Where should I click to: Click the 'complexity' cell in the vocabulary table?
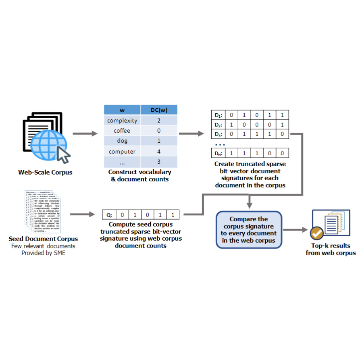click(122, 120)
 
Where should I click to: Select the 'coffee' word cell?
click(122, 131)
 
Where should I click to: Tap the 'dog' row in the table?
click(122, 141)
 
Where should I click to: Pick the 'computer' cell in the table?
click(122, 152)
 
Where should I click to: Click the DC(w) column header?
click(158, 110)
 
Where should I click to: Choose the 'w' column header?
click(122, 110)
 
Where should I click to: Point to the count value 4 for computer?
click(158, 152)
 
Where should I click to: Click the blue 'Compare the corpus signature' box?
click(248, 230)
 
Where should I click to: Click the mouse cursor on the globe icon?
click(63, 154)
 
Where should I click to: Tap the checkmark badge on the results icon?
click(316, 233)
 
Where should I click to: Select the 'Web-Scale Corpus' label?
click(45, 172)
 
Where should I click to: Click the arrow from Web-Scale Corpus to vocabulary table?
click(85, 133)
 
